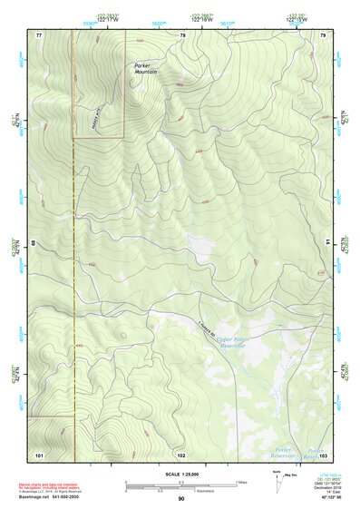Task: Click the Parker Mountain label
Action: [x=145, y=68]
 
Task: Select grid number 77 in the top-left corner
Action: [x=39, y=34]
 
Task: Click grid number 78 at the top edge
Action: [x=182, y=34]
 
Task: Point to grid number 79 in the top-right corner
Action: [x=322, y=34]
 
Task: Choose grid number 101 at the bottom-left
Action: [x=39, y=454]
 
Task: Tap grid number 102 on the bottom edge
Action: [x=181, y=454]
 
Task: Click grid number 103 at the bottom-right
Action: [x=322, y=454]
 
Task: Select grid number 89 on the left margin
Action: [x=35, y=242]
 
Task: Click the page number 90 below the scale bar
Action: [x=180, y=498]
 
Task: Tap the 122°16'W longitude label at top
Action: [x=200, y=16]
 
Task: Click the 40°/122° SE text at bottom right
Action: [x=327, y=498]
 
